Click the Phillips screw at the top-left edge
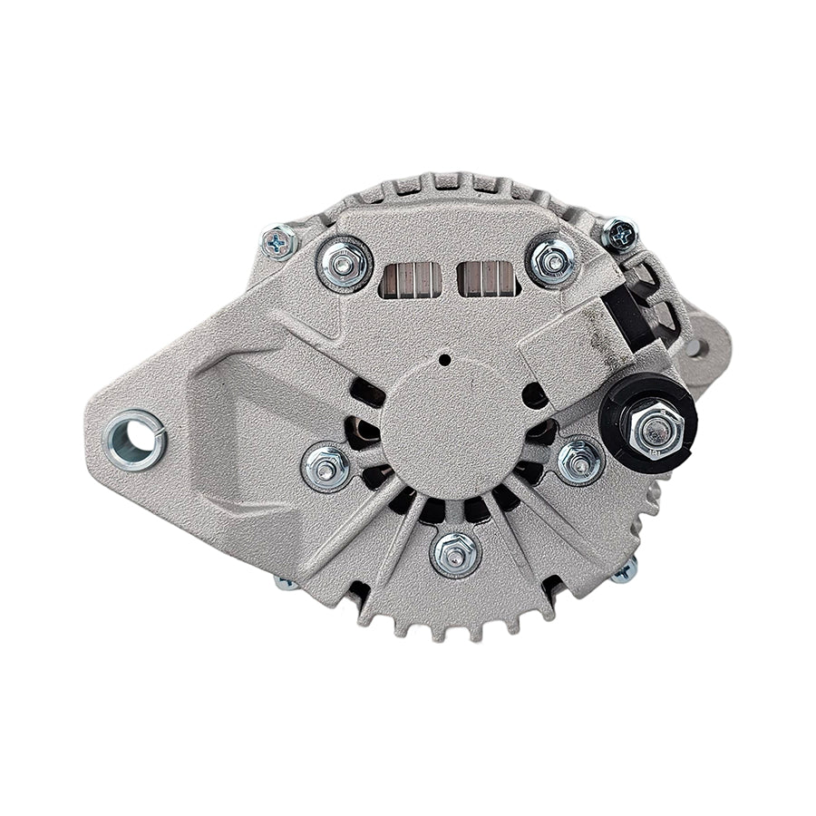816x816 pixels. pyautogui.click(x=278, y=242)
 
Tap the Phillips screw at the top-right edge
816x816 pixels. pyautogui.click(x=619, y=234)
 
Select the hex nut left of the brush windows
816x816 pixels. pyautogui.click(x=345, y=263)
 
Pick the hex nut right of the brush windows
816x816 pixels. pyautogui.click(x=552, y=261)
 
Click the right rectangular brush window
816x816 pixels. pyautogui.click(x=488, y=278)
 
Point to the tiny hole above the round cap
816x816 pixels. pyautogui.click(x=445, y=359)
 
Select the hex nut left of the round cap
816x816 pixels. pyautogui.click(x=326, y=466)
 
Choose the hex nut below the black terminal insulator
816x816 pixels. pyautogui.click(x=580, y=461)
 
